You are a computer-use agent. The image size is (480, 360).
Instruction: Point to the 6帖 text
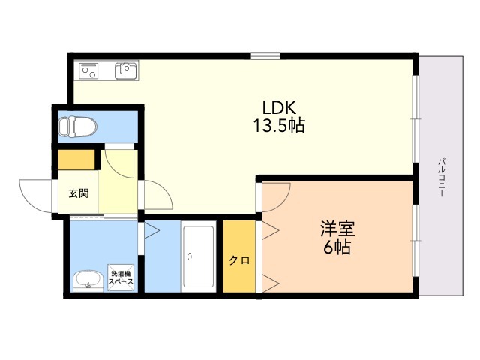coord(337,247)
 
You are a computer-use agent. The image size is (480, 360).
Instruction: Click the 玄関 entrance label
coord(79,193)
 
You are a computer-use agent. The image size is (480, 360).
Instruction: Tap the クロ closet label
coord(239,260)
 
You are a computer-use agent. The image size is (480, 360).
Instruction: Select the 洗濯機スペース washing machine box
coord(121,277)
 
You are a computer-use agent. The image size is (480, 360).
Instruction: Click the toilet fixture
coord(76,127)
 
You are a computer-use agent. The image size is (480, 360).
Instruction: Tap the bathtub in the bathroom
coord(199,256)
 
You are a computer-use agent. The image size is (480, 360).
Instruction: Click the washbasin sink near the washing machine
coord(88,280)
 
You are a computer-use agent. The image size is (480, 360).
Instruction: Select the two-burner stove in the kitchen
coord(90,71)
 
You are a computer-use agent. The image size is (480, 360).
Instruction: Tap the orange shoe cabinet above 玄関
coord(79,160)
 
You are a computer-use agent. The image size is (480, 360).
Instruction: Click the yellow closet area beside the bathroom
coord(239,255)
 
